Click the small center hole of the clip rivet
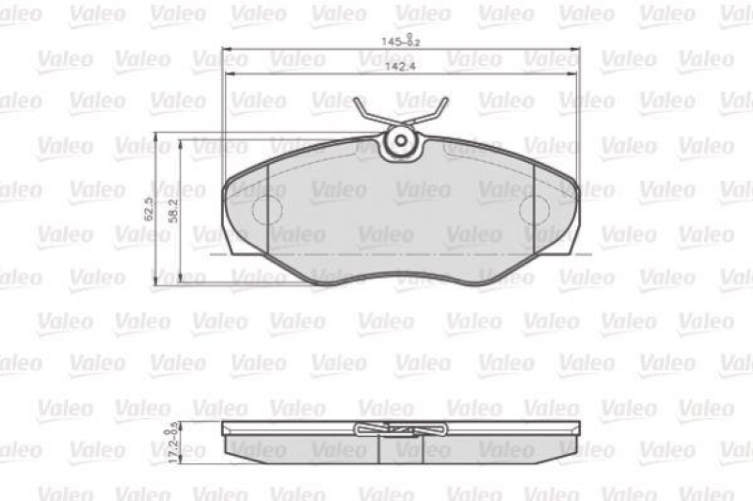(401, 142)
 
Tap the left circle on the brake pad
(265, 208)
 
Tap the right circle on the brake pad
(535, 208)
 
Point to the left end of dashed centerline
(213, 253)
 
